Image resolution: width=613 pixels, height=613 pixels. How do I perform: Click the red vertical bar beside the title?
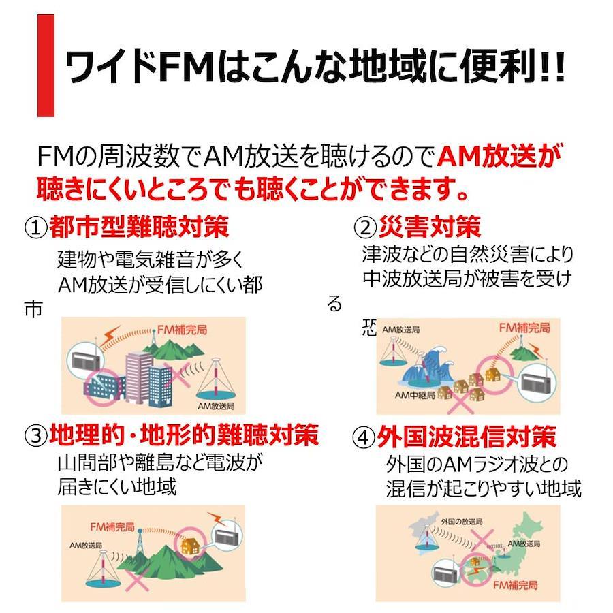click(46, 65)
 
